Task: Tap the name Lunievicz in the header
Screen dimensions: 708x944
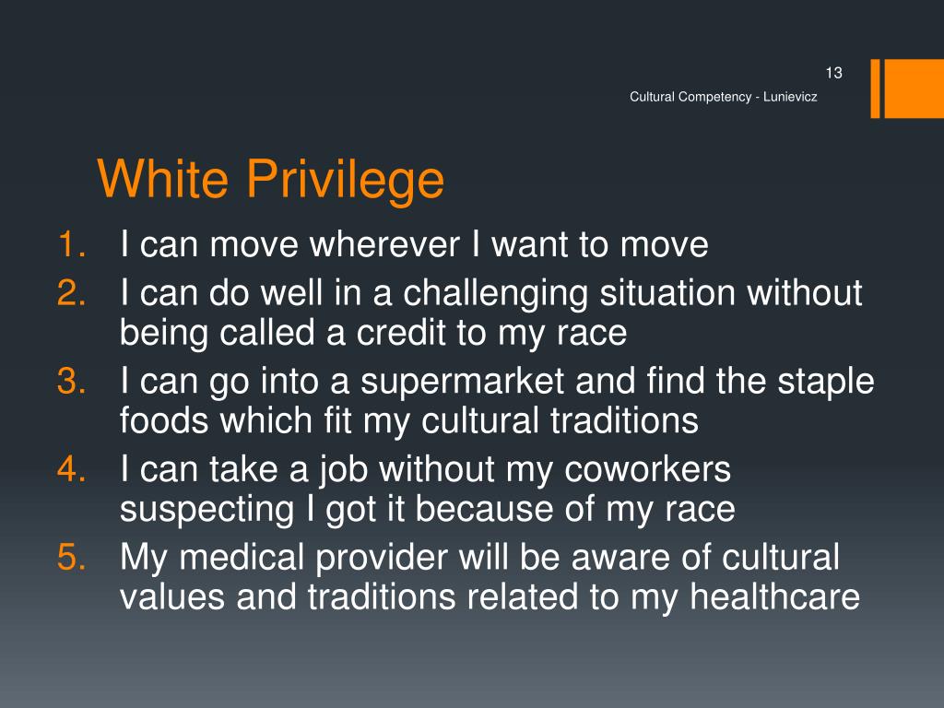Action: click(788, 98)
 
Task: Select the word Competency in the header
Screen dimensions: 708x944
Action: click(714, 98)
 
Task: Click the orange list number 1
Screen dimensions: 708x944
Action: click(71, 245)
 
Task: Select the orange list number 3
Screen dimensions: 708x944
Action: click(71, 381)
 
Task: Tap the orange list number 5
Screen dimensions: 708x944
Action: click(71, 558)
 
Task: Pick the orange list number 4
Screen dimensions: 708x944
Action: click(71, 469)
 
